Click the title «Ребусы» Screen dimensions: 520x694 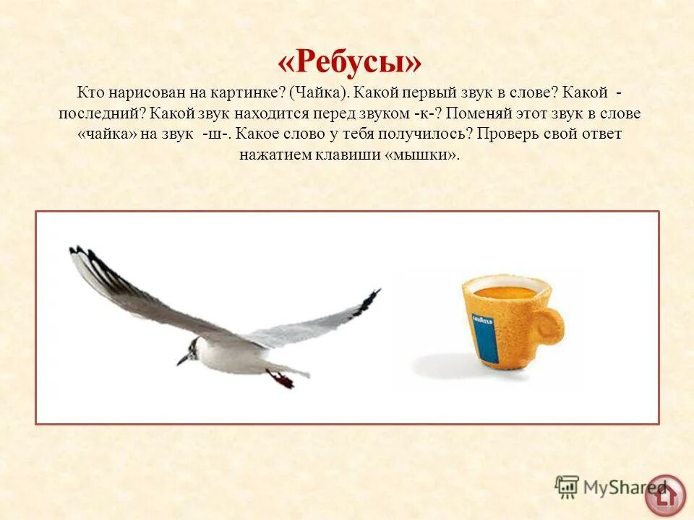point(349,64)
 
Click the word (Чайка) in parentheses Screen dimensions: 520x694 point(319,94)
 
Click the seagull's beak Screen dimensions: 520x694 point(182,358)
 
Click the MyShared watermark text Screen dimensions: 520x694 point(614,487)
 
